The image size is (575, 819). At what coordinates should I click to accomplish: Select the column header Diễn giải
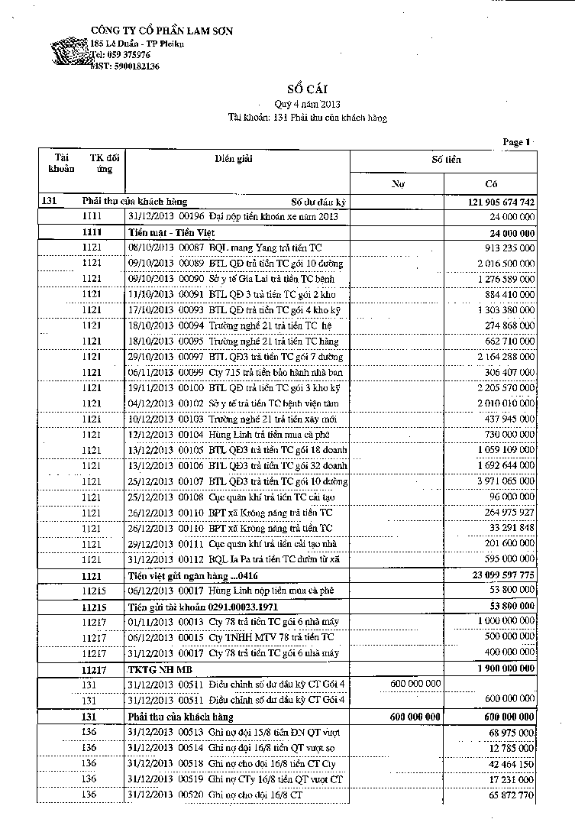(234, 159)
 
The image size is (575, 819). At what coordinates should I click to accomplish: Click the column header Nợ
(397, 184)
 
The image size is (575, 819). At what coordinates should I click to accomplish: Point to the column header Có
(491, 184)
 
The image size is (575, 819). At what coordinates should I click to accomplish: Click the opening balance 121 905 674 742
(499, 202)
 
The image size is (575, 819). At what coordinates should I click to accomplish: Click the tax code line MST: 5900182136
(125, 67)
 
